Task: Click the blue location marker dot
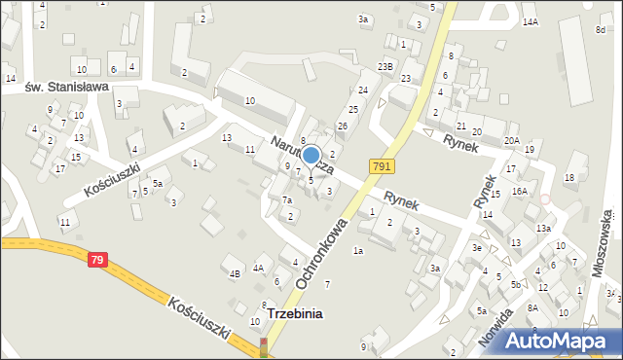pyautogui.click(x=311, y=155)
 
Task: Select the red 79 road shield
pyautogui.click(x=96, y=260)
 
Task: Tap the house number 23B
pyautogui.click(x=385, y=66)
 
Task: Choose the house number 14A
pyautogui.click(x=530, y=21)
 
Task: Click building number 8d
pyautogui.click(x=601, y=30)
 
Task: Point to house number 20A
pyautogui.click(x=511, y=140)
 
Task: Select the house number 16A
pyautogui.click(x=520, y=191)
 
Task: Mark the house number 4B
pyautogui.click(x=235, y=273)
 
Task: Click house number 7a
pyautogui.click(x=287, y=199)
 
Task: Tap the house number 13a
pyautogui.click(x=543, y=228)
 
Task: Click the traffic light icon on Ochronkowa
pyautogui.click(x=263, y=347)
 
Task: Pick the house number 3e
pyautogui.click(x=477, y=248)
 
